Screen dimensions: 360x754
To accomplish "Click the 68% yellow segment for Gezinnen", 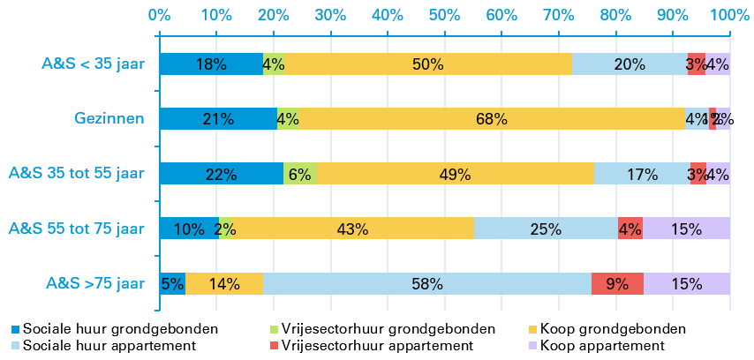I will pyautogui.click(x=491, y=118).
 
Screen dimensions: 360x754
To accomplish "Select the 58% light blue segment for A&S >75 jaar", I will pyautogui.click(x=426, y=283).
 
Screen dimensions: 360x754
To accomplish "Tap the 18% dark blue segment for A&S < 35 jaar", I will pyautogui.click(x=211, y=64).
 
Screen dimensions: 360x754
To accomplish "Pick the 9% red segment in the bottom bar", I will pyautogui.click(x=617, y=283).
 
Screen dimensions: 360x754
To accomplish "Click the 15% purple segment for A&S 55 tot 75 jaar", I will pyautogui.click(x=686, y=229).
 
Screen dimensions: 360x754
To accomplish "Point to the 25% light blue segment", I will pyautogui.click(x=546, y=229).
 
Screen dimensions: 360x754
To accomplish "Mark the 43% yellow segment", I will pyautogui.click(x=352, y=229).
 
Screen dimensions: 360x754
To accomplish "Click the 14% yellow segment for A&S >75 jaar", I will pyautogui.click(x=224, y=283).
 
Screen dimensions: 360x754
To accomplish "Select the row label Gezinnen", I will pyautogui.click(x=110, y=118).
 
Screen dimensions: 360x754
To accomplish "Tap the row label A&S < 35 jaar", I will pyautogui.click(x=93, y=64).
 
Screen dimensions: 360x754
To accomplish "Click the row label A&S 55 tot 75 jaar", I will pyautogui.click(x=76, y=229).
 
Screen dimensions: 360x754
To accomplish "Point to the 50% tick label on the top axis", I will pyautogui.click(x=444, y=14).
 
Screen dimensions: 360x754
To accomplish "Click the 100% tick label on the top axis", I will pyautogui.click(x=729, y=14).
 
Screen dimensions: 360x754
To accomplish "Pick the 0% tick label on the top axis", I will pyautogui.click(x=159, y=14).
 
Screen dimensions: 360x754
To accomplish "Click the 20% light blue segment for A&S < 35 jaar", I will pyautogui.click(x=629, y=64).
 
